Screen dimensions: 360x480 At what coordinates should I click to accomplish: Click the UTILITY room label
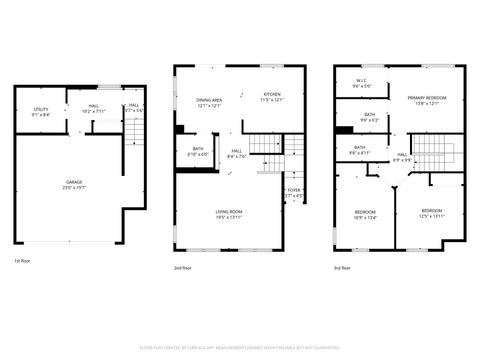coord(41,109)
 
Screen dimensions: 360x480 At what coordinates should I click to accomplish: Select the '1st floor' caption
coord(23,261)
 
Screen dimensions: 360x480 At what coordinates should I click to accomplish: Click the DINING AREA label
coord(209,99)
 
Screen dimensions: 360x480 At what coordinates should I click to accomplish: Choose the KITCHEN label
coord(272,95)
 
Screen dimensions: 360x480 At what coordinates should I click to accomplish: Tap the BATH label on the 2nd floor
coord(197,149)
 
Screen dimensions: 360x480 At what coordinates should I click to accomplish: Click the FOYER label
coord(294,189)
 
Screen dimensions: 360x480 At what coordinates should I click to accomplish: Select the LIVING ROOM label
coord(230,211)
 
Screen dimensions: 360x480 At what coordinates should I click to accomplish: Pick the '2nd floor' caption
coord(184,268)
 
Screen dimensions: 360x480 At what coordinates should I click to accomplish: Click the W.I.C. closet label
coord(361,82)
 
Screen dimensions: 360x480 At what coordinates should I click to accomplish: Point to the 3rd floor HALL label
coord(401,155)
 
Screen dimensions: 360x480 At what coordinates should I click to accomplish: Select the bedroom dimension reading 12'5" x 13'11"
coord(431,216)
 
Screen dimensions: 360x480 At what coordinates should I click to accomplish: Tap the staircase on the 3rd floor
coord(434,152)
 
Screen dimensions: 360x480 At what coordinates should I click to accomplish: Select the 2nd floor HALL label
coord(237,151)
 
